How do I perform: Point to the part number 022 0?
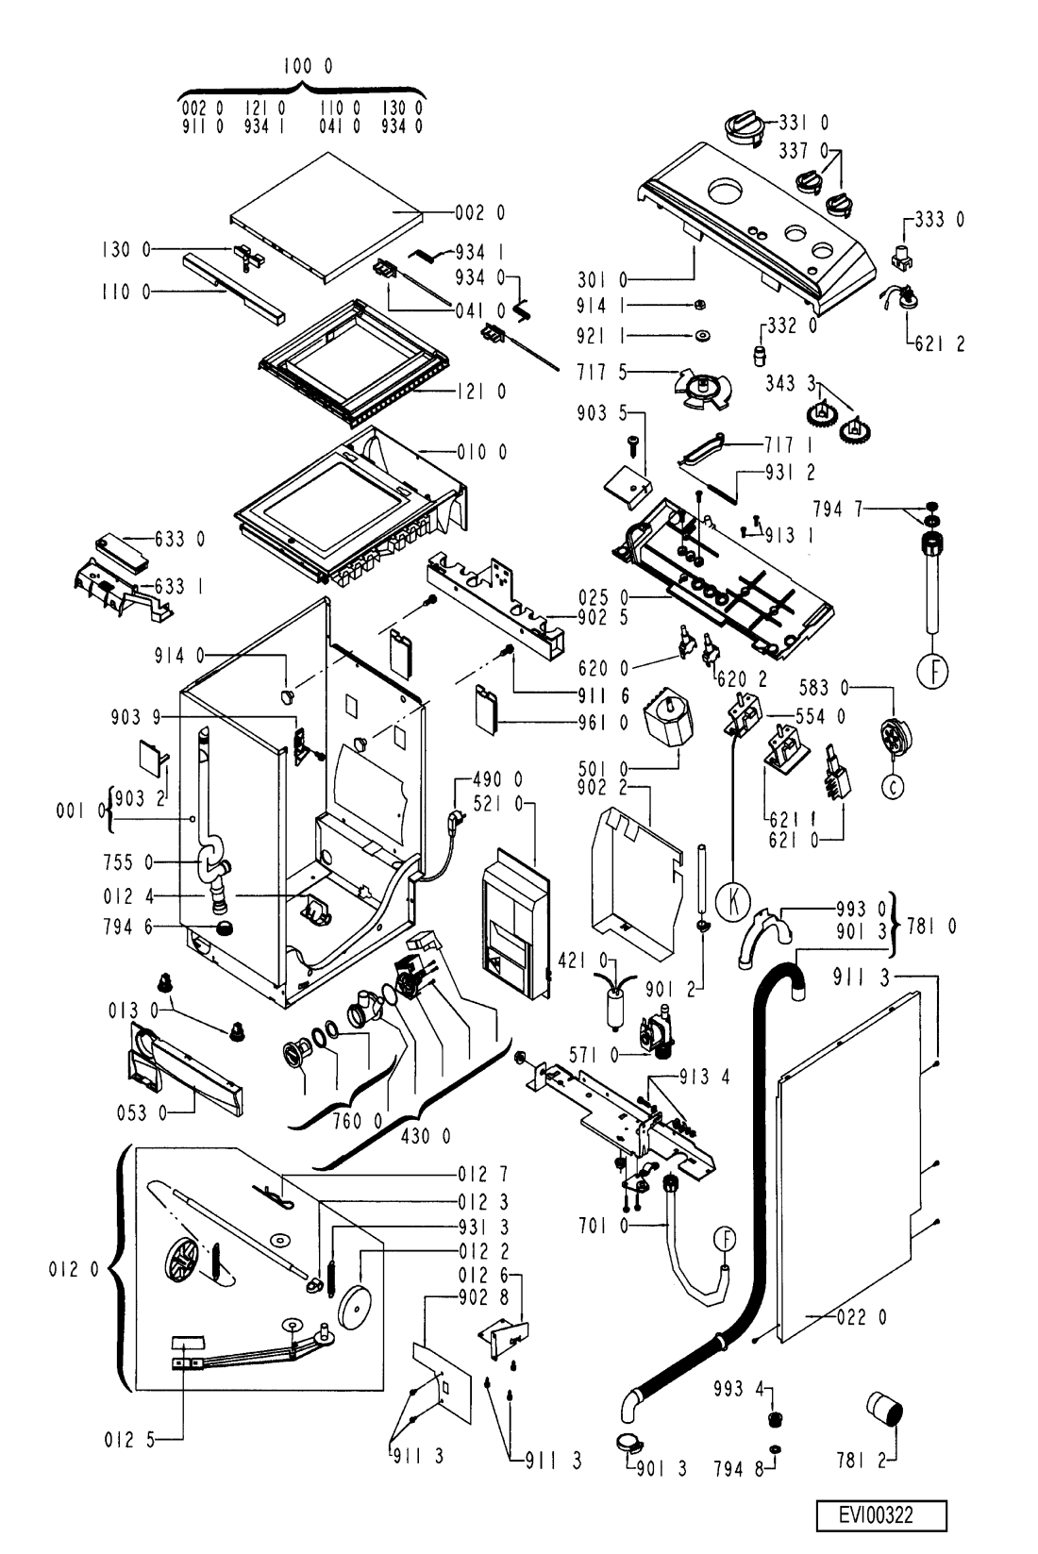point(861,1318)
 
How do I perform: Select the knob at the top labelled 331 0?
point(741,125)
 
